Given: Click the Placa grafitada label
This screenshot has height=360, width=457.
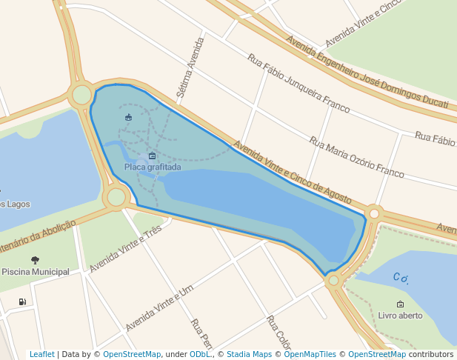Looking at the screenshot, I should pyautogui.click(x=152, y=167).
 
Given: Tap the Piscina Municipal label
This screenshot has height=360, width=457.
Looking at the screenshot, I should pyautogui.click(x=36, y=272).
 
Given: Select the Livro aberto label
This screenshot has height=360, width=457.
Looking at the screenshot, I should pyautogui.click(x=400, y=316).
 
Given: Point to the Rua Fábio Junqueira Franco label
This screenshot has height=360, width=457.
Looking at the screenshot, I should pyautogui.click(x=298, y=83).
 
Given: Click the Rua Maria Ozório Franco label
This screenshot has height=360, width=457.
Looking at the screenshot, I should pyautogui.click(x=357, y=157).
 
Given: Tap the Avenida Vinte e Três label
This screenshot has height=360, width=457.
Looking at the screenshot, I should pyautogui.click(x=125, y=249).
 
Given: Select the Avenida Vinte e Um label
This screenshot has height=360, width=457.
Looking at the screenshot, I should pyautogui.click(x=159, y=308).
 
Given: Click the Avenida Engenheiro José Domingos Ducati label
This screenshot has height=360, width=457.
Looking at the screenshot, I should pyautogui.click(x=367, y=72).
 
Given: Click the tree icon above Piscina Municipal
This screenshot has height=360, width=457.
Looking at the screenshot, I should pyautogui.click(x=35, y=260).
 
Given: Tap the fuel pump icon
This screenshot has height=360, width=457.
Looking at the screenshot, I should pyautogui.click(x=22, y=301).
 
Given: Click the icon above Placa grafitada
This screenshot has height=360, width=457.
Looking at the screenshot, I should pyautogui.click(x=152, y=156).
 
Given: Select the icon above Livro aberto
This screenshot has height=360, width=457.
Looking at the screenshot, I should pyautogui.click(x=400, y=304).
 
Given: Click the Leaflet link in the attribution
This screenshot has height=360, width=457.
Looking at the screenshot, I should pyautogui.click(x=42, y=355).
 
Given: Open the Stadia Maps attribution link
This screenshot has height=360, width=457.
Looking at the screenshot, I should pyautogui.click(x=249, y=355).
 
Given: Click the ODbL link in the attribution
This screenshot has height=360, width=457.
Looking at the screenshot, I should pyautogui.click(x=201, y=355).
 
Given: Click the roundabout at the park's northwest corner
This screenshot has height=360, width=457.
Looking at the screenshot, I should pyautogui.click(x=81, y=95).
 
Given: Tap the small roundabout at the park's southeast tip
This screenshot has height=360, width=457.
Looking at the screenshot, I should pyautogui.click(x=334, y=280).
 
